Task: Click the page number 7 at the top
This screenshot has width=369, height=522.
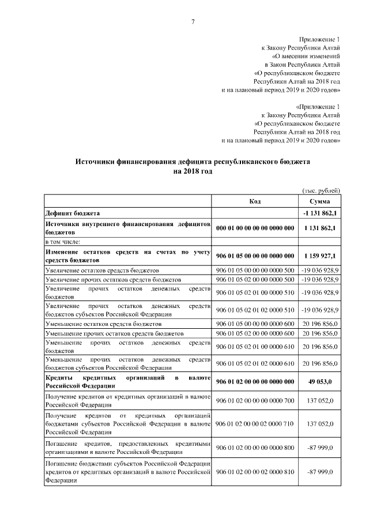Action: tap(193, 22)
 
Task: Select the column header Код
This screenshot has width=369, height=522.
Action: tap(255, 201)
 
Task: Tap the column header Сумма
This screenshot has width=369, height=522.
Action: tap(319, 201)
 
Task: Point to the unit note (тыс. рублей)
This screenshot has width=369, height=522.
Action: tap(321, 190)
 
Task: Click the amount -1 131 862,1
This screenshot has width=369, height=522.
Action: tap(319, 213)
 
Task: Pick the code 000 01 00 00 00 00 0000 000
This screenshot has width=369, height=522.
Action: tap(255, 228)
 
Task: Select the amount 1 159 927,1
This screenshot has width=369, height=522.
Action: tap(319, 256)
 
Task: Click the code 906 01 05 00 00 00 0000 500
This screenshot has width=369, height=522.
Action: tap(255, 270)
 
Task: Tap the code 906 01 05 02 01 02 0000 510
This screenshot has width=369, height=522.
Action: tap(255, 310)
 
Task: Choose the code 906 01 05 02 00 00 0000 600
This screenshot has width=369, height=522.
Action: tap(255, 333)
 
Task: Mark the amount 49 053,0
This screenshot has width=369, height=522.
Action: tap(319, 381)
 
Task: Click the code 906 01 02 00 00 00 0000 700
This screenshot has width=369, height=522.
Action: tap(255, 400)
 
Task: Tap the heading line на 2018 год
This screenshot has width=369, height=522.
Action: tap(193, 171)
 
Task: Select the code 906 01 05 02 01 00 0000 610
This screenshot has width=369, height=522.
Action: tap(255, 346)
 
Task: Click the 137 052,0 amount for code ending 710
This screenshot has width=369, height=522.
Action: tap(319, 424)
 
